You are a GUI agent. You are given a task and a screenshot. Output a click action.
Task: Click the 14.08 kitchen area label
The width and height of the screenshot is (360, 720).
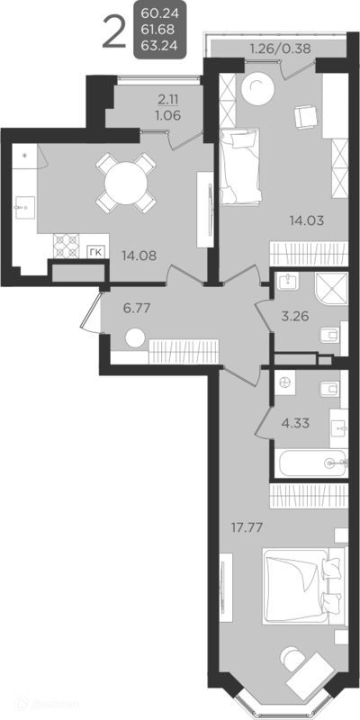139,255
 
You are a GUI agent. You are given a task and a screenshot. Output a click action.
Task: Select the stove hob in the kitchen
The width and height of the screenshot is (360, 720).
67,243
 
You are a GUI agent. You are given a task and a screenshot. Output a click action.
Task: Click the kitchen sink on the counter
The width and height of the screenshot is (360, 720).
22,206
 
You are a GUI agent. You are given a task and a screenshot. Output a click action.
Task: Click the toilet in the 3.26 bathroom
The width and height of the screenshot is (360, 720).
328,337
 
